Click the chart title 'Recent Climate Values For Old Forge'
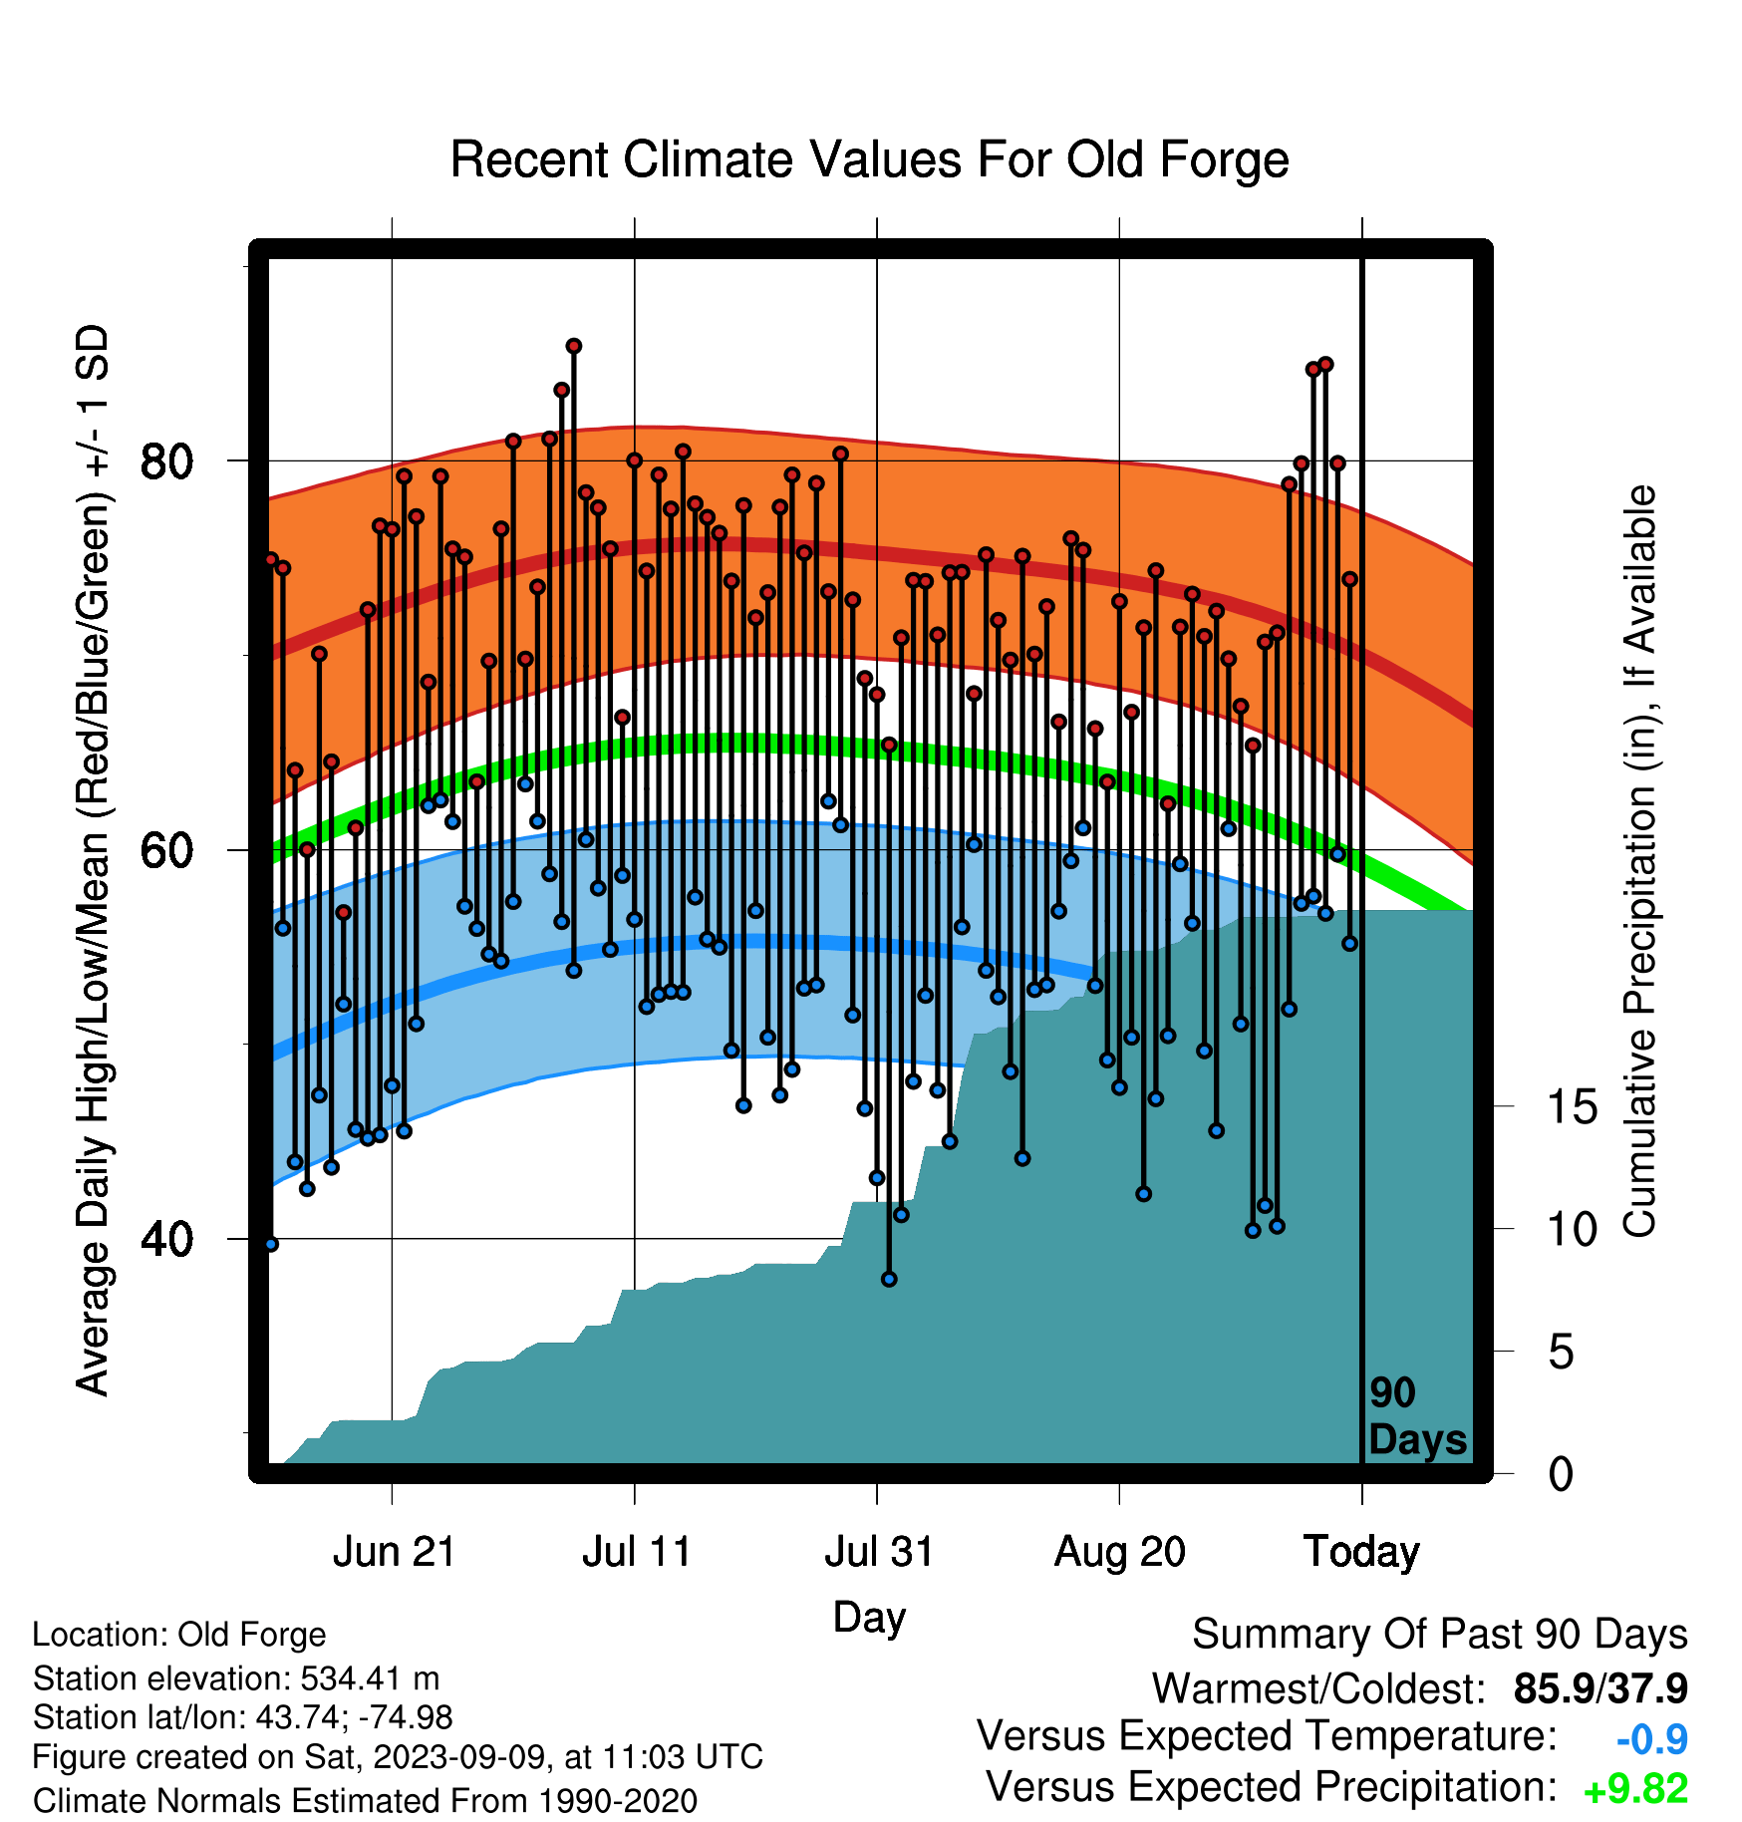[x=869, y=159]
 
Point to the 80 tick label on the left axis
[x=166, y=461]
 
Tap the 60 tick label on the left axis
[x=166, y=850]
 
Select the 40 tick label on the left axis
[x=166, y=1239]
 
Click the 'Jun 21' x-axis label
[x=393, y=1552]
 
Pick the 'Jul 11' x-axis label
[x=636, y=1552]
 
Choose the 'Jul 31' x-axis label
[x=878, y=1552]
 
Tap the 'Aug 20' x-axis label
[x=1120, y=1552]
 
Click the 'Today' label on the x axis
[x=1362, y=1552]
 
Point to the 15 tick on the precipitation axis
[x=1572, y=1107]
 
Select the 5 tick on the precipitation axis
[x=1561, y=1353]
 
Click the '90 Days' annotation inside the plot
[x=1417, y=1416]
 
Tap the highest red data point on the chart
[x=573, y=346]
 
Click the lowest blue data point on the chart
[x=889, y=1279]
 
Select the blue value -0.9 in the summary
[x=1651, y=1740]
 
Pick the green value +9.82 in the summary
[x=1635, y=1789]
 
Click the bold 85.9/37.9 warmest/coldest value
[x=1600, y=1689]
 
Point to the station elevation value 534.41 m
[x=370, y=1678]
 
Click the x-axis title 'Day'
[x=869, y=1618]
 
